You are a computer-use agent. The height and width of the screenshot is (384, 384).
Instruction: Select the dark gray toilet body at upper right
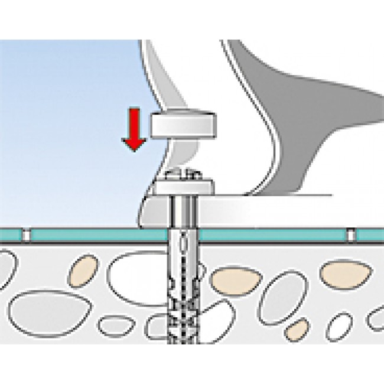(307, 100)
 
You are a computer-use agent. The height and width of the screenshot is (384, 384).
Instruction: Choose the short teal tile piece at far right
(370, 235)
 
